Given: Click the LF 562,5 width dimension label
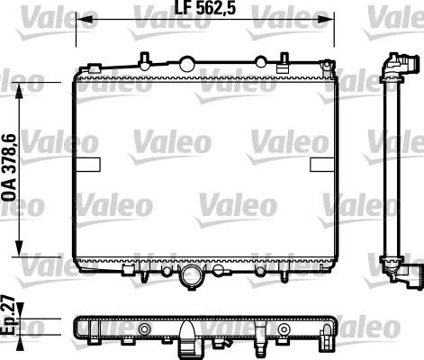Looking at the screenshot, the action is click(205, 9).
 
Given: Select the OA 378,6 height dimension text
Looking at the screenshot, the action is click(9, 168).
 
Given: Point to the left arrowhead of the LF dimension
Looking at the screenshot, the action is click(84, 20).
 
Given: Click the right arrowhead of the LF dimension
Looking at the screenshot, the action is click(326, 20).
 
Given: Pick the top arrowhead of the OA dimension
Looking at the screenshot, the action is click(20, 91).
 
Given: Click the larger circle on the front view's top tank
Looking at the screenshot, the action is click(186, 64).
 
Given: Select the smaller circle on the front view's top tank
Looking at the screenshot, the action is click(260, 62).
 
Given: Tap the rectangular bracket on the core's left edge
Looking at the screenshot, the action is click(88, 165).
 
